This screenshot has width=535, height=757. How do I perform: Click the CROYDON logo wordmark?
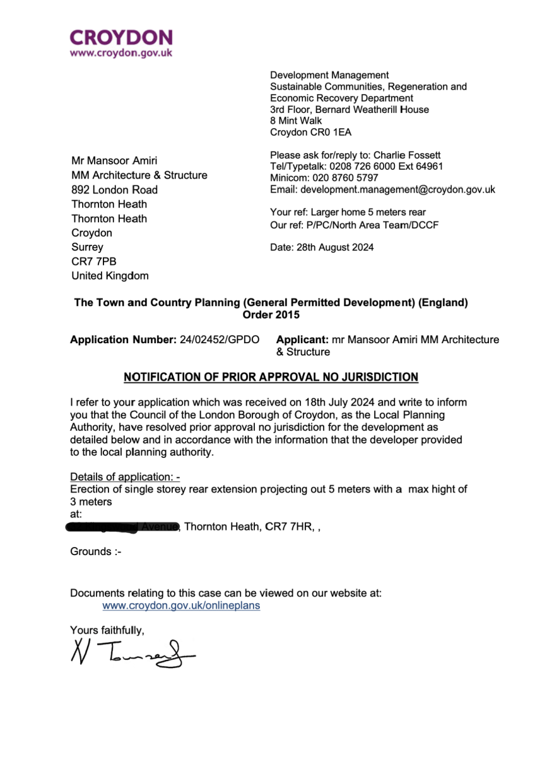[x=121, y=37]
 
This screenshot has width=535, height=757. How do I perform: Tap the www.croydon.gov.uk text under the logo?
[x=121, y=53]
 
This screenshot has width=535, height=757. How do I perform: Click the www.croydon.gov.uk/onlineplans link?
[x=181, y=606]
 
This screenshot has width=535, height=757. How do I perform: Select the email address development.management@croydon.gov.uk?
[x=397, y=189]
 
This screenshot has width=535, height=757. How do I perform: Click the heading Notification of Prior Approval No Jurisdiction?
[x=271, y=377]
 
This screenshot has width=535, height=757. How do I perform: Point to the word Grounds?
[x=91, y=552]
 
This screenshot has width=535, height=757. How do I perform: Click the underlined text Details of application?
[x=124, y=476]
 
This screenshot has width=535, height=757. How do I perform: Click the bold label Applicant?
[x=302, y=340]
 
